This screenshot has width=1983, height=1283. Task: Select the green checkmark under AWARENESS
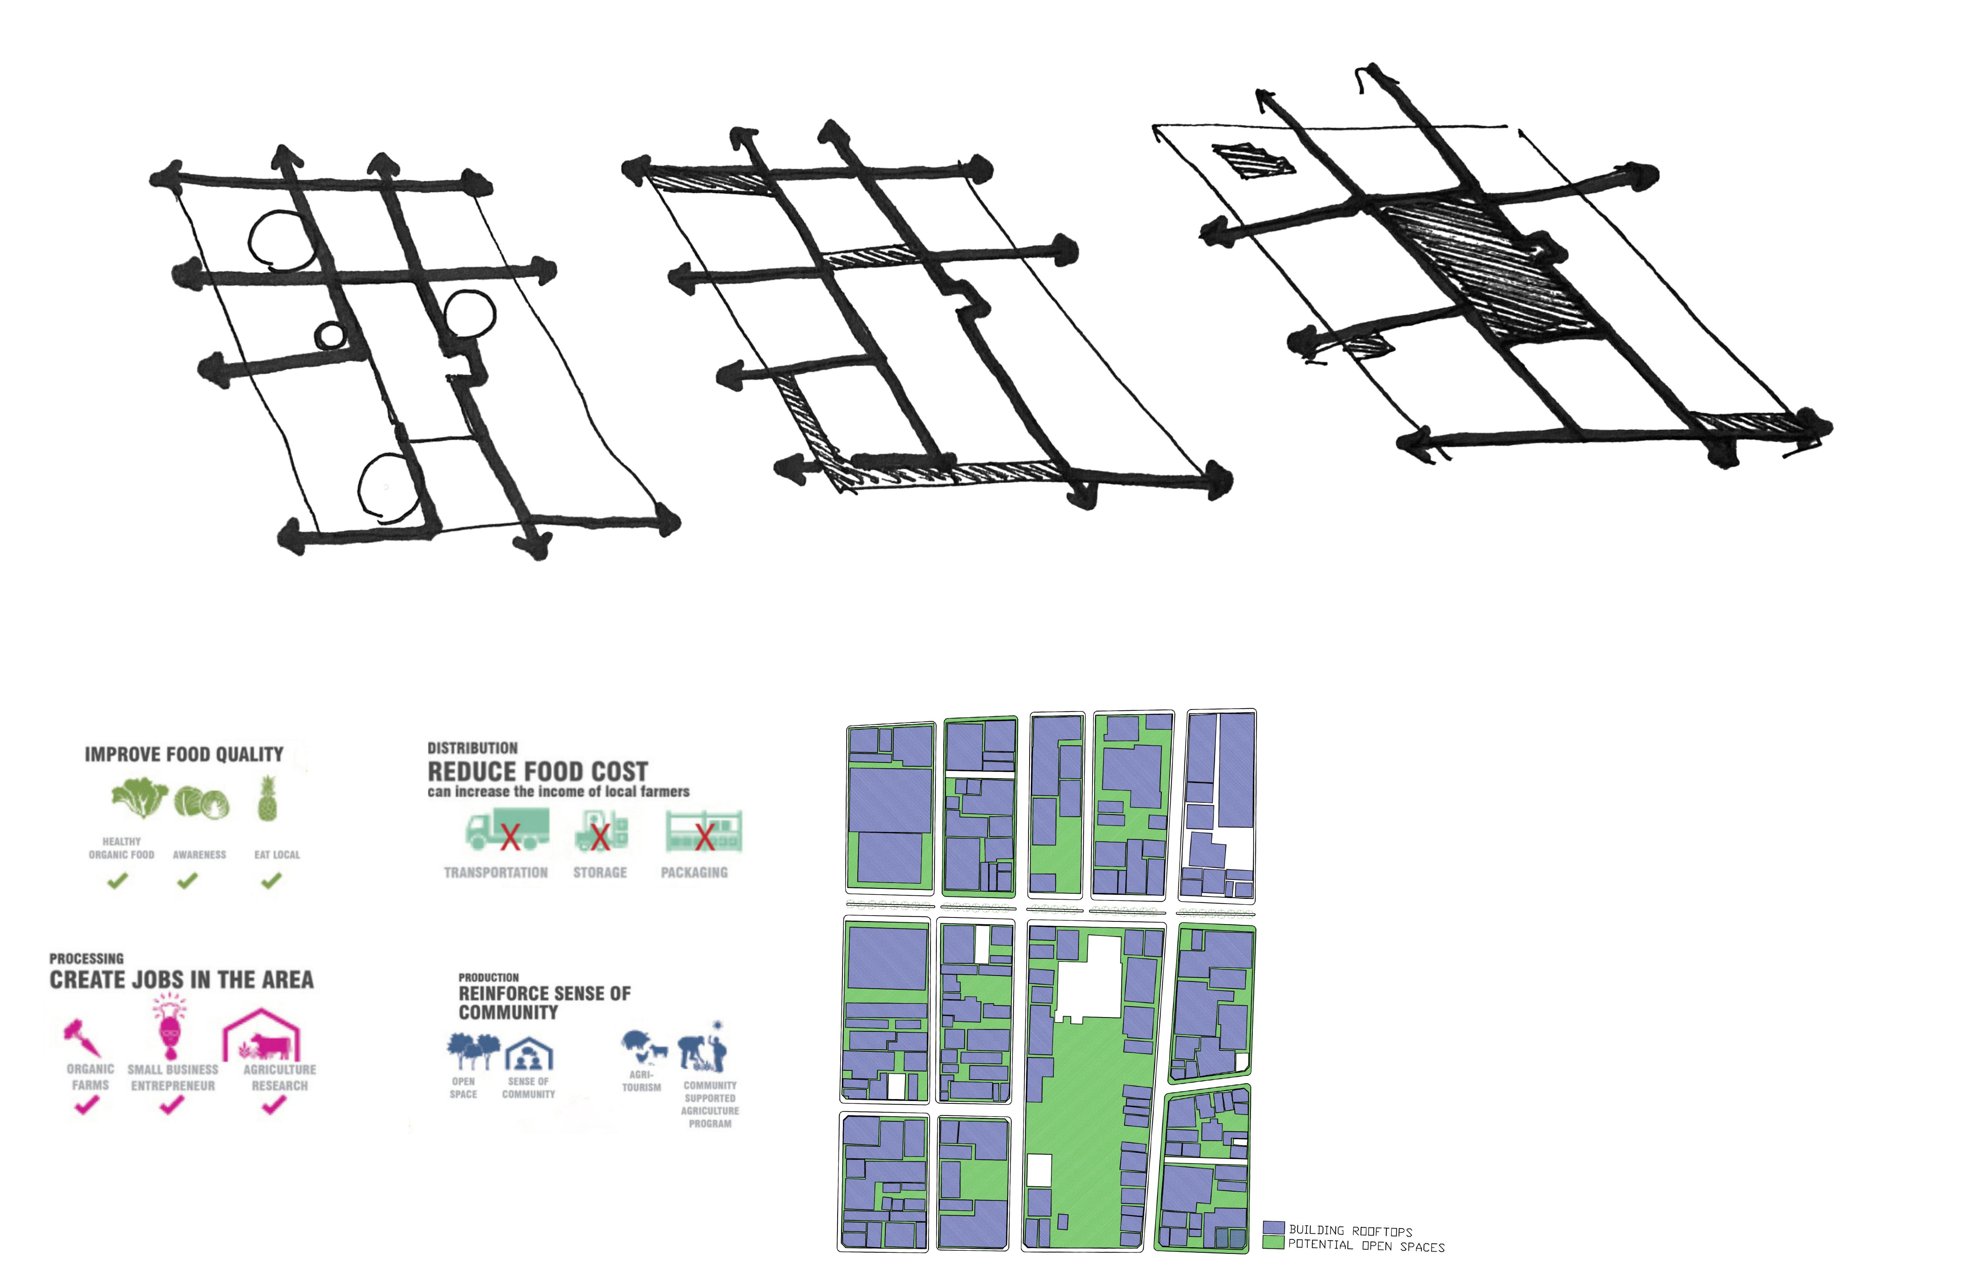pyautogui.click(x=187, y=880)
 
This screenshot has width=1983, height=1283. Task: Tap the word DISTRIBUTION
pyautogui.click(x=472, y=748)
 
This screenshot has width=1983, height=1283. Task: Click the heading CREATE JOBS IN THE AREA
pyautogui.click(x=182, y=980)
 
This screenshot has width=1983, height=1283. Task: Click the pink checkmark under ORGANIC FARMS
pyautogui.click(x=87, y=1106)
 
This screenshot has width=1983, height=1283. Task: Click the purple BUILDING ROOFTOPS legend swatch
pyautogui.click(x=1272, y=1228)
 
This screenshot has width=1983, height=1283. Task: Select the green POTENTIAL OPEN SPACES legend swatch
pyautogui.click(x=1272, y=1243)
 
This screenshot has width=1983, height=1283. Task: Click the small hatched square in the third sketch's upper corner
pyautogui.click(x=1252, y=161)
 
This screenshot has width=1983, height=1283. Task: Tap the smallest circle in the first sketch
pyautogui.click(x=329, y=336)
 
